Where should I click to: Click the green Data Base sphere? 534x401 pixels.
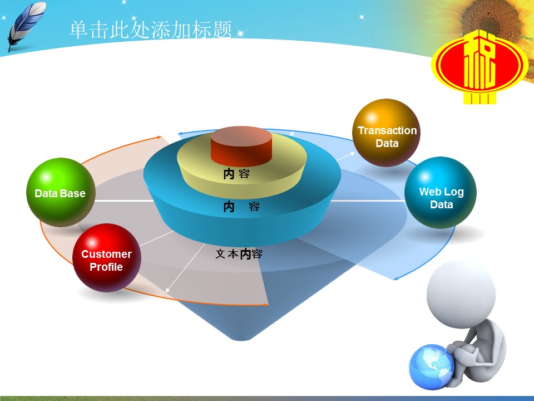(61, 192)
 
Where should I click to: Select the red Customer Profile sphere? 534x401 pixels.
(107, 258)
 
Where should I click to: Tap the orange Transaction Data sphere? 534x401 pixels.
(386, 133)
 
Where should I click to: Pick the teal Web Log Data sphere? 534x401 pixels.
(441, 193)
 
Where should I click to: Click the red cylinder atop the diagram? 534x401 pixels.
(241, 146)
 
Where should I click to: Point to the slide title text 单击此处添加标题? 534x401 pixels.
(151, 30)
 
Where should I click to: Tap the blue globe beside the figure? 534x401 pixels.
(431, 367)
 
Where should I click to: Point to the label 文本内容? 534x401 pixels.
(239, 254)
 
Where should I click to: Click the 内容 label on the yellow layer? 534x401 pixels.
(236, 174)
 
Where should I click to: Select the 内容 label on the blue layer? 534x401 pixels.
(241, 207)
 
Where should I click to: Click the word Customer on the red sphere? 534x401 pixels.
(107, 254)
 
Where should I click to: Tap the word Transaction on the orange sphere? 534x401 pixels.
(387, 130)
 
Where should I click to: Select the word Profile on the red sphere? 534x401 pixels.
(106, 267)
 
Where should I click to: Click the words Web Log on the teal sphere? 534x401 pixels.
(441, 192)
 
